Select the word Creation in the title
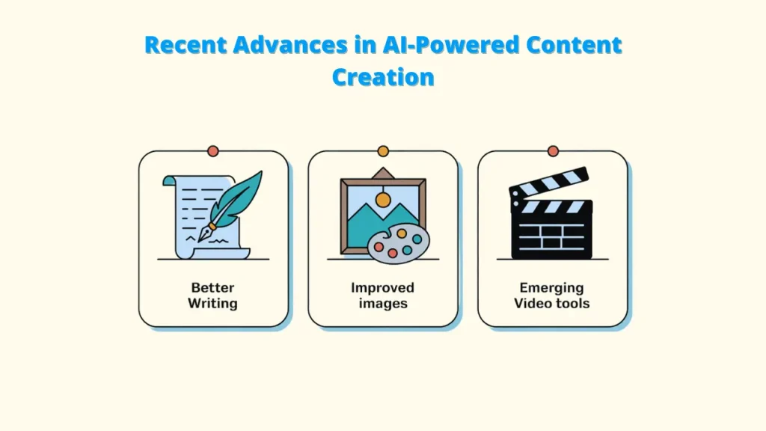tap(383, 76)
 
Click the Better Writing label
tap(213, 296)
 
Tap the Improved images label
tap(382, 296)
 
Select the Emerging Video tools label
tap(552, 296)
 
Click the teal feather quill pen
tap(238, 198)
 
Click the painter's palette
tap(399, 243)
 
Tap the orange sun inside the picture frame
tap(383, 200)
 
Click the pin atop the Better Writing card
tap(213, 151)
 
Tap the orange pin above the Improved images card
tap(383, 151)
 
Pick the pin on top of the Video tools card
tap(553, 151)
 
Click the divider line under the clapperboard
tap(552, 260)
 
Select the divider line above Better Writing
tap(213, 260)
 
